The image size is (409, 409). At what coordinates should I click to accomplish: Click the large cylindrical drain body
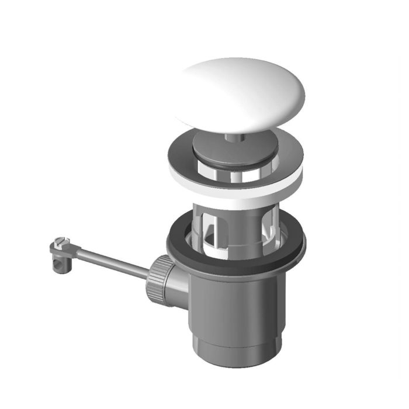coord(240,298)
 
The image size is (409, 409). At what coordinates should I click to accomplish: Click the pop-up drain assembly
coord(234,234)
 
